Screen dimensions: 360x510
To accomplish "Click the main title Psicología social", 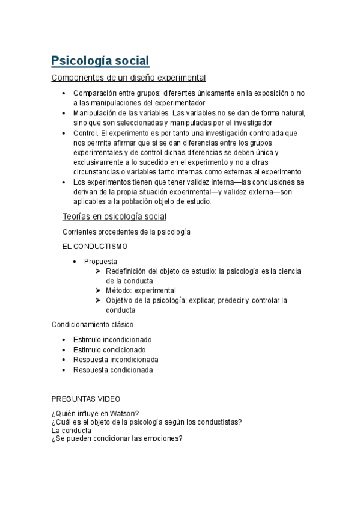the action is pos(100,61).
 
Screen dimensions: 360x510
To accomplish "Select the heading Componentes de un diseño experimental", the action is pos(129,78).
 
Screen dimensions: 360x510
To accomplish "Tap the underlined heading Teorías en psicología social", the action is pos(114,217).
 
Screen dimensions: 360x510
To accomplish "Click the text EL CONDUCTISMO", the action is pos(95,247).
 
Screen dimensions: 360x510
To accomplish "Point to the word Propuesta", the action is pos(100,262).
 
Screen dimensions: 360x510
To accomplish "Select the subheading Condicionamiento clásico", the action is pos(93,325).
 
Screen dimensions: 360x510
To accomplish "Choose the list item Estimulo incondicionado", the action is pos(112,340).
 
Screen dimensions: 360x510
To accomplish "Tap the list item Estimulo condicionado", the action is pos(109,350).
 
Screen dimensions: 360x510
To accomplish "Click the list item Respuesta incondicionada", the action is pos(115,360).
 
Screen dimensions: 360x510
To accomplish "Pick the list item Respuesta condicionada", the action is pos(113,370).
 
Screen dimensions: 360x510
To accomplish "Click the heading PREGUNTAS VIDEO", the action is pos(86,399).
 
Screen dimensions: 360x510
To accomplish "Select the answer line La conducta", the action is pos(72,431).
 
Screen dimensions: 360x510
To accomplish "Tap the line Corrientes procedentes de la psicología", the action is pos(126,232).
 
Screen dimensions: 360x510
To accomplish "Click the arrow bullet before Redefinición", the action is pos(98,271).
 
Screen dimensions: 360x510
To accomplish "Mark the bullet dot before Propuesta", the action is pos(75,262).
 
